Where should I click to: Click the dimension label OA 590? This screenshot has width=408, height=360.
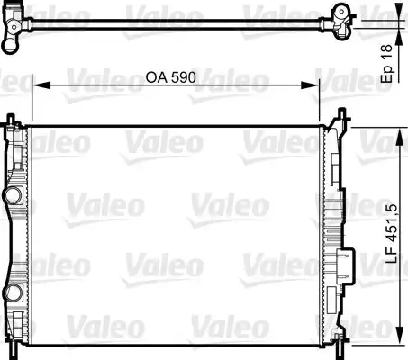pyautogui.click(x=170, y=77)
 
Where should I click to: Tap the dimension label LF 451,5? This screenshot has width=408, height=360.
pyautogui.click(x=391, y=234)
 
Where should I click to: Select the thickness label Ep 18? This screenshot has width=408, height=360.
pyautogui.click(x=386, y=64)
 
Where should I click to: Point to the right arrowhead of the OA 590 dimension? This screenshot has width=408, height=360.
pyautogui.click(x=310, y=85)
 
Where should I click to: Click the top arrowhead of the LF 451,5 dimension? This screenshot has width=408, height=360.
pyautogui.click(x=400, y=138)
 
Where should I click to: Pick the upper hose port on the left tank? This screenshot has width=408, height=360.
pyautogui.click(x=13, y=195)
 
